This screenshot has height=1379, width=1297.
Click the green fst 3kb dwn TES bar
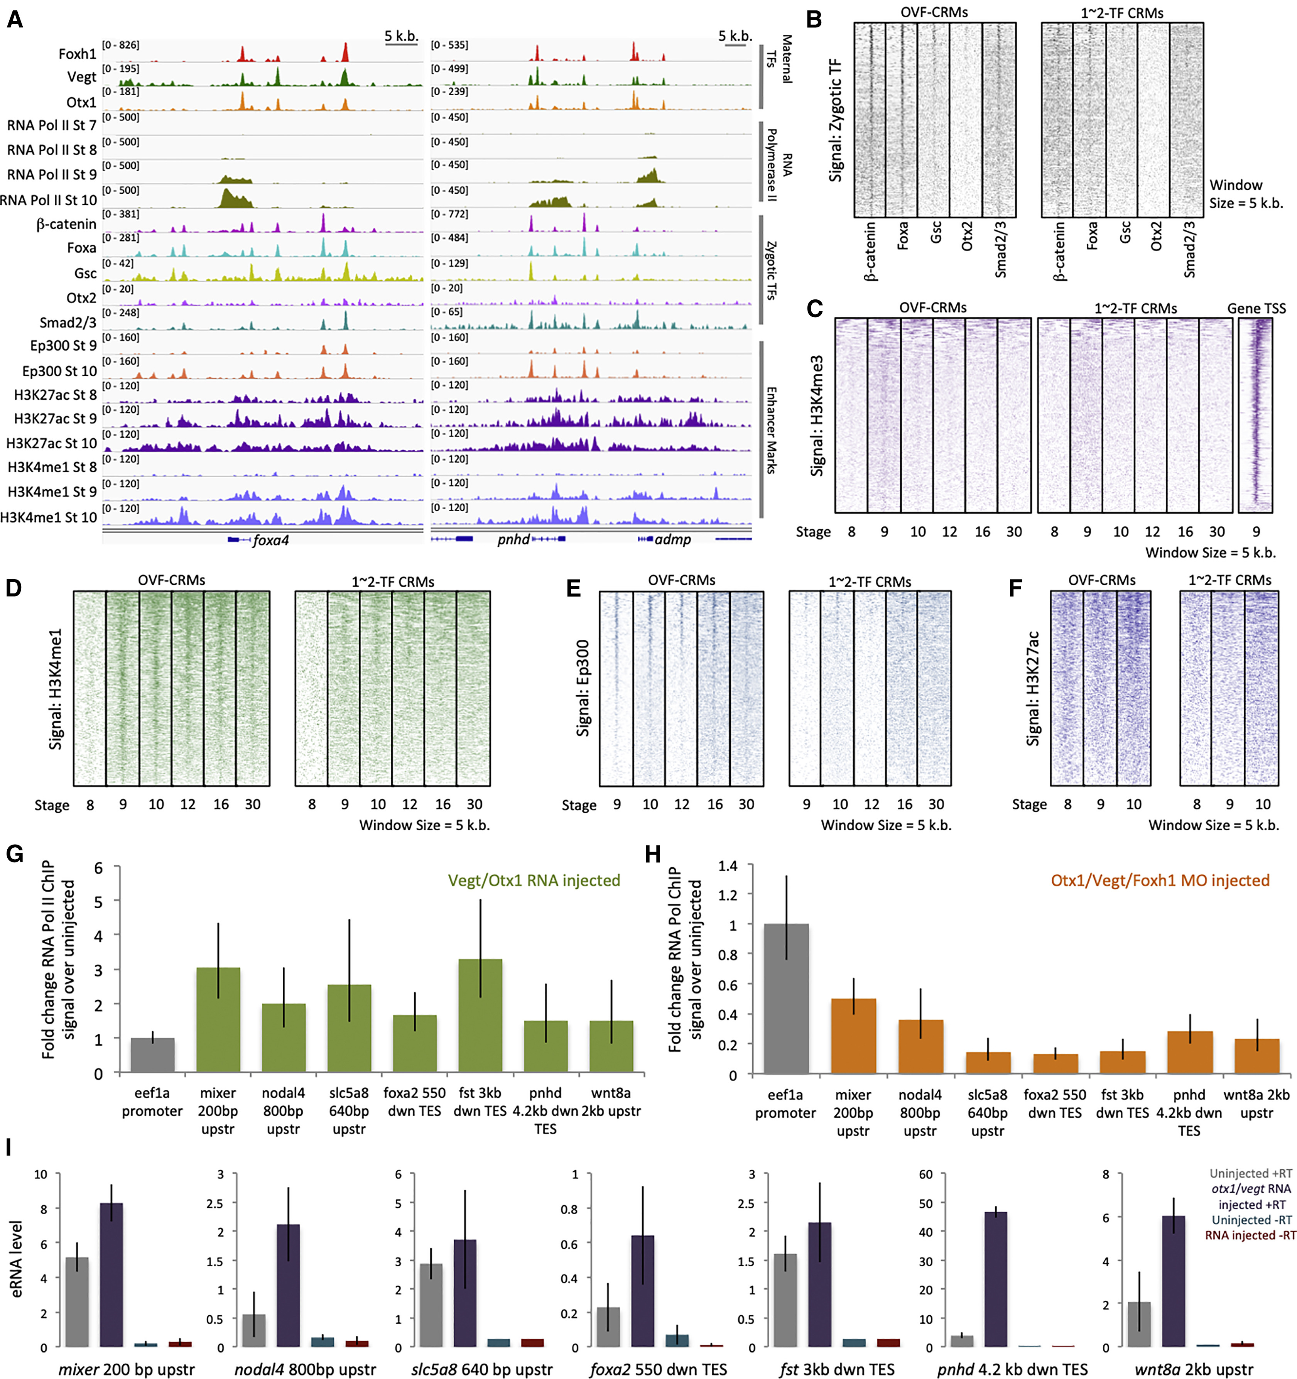tap(480, 1016)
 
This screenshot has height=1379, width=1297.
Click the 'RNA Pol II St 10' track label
tap(49, 200)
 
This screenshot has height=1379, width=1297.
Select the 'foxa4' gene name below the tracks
tap(270, 540)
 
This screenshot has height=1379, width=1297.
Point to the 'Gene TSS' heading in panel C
tap(1256, 308)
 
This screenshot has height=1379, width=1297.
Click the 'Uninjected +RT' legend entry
tap(1251, 1173)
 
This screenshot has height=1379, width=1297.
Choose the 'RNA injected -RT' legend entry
tap(1250, 1235)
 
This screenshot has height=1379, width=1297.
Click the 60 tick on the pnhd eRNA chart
tap(925, 1175)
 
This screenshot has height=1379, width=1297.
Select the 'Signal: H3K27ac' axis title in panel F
tap(1033, 688)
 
